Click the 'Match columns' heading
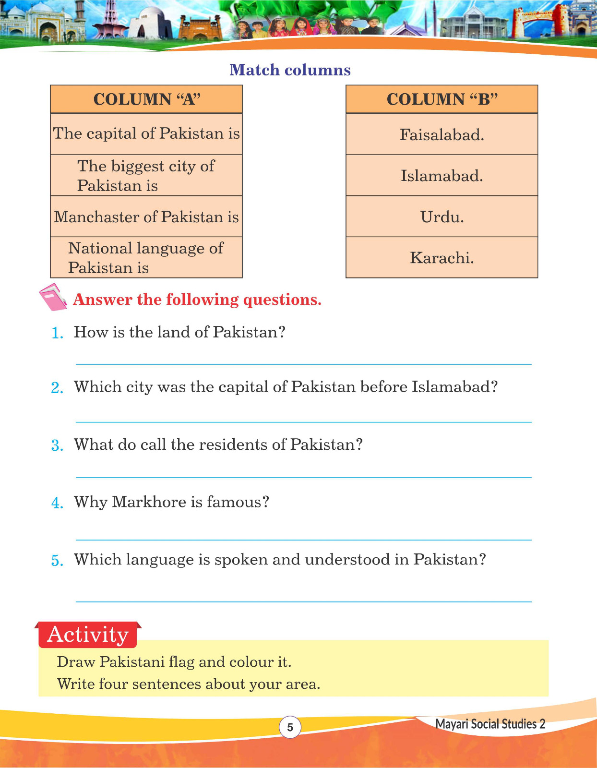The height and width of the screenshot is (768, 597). coord(290,70)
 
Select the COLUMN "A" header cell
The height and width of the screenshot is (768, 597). coord(146,99)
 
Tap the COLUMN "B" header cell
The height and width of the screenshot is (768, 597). coord(442,99)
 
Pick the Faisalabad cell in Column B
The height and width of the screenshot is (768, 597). coord(442,135)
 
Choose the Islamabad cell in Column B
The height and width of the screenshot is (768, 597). coord(442,176)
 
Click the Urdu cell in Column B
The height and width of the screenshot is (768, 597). coord(442,217)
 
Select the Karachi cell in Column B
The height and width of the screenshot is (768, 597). coord(442,258)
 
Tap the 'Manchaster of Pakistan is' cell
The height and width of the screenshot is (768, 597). coord(146,217)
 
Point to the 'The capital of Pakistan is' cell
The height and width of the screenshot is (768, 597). coord(146,133)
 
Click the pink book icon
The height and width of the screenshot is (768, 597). coord(52,298)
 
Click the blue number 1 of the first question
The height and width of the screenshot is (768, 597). coord(57,333)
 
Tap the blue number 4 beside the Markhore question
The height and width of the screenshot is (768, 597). coord(57,503)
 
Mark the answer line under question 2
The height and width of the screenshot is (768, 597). coord(303,422)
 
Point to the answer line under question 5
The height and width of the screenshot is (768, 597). coord(303,601)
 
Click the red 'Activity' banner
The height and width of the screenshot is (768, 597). coord(88,635)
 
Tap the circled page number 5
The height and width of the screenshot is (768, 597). coord(290,727)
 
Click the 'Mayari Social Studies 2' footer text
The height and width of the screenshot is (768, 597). coord(490,724)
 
